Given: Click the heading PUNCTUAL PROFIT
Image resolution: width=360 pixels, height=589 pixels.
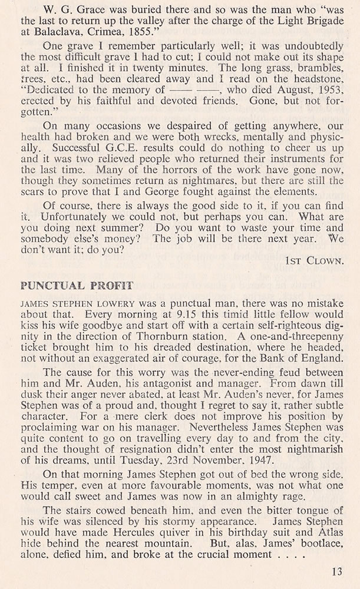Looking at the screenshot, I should pyautogui.click(x=68, y=287).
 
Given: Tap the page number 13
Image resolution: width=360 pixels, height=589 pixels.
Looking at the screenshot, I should pyautogui.click(x=336, y=570).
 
